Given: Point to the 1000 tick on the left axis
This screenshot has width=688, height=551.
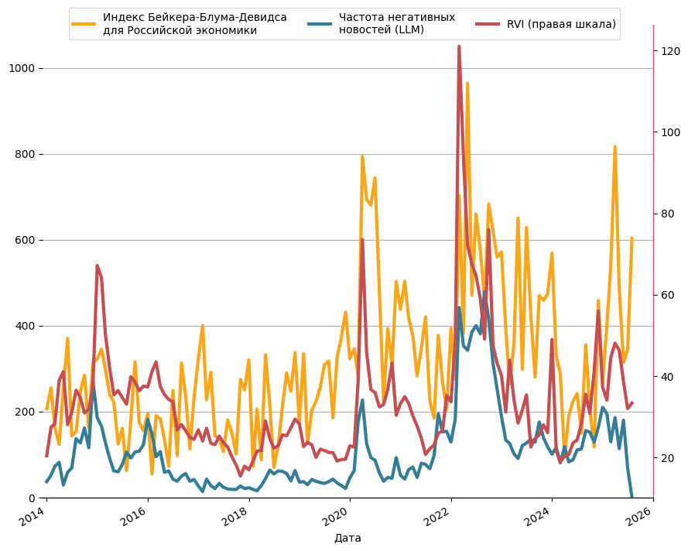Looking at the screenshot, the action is click(x=22, y=68).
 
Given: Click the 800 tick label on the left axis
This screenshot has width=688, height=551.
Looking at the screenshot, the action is click(x=25, y=155).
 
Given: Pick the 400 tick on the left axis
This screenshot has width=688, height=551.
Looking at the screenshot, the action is click(x=25, y=327).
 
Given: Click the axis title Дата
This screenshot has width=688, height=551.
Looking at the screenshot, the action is click(x=347, y=539).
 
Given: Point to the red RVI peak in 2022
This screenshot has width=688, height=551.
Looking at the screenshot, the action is click(x=459, y=46).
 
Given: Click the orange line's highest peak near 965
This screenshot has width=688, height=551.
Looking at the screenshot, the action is click(x=467, y=83).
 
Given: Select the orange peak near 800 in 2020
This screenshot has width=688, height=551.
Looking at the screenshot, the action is click(x=362, y=156).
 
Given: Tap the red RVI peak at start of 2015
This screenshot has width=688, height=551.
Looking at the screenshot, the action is click(x=97, y=265).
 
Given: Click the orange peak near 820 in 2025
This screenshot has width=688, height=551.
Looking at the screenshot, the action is click(x=615, y=147).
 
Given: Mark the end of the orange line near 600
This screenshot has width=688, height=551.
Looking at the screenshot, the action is click(x=632, y=238).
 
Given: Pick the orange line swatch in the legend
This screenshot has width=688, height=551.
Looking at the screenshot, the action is click(x=84, y=24).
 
